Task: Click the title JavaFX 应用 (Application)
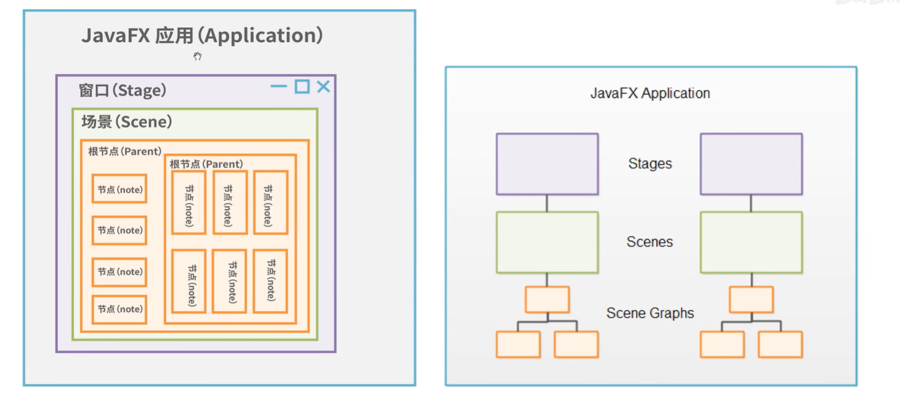[202, 36]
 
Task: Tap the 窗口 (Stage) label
[123, 91]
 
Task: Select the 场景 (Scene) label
[127, 123]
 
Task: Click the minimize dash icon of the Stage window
[279, 87]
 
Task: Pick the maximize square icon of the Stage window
[302, 87]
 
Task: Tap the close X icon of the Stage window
[323, 87]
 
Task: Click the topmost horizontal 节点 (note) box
[119, 189]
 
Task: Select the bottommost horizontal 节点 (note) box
[119, 309]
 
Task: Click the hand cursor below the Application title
[197, 56]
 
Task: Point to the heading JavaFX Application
[650, 93]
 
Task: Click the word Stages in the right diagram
[650, 164]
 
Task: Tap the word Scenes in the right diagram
[650, 242]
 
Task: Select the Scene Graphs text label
[650, 314]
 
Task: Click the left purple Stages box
[547, 164]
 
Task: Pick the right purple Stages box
[751, 164]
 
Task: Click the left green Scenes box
[547, 242]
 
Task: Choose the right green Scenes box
[751, 242]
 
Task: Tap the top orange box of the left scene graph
[547, 300]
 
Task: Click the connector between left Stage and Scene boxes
[547, 203]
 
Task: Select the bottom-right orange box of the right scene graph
[780, 344]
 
